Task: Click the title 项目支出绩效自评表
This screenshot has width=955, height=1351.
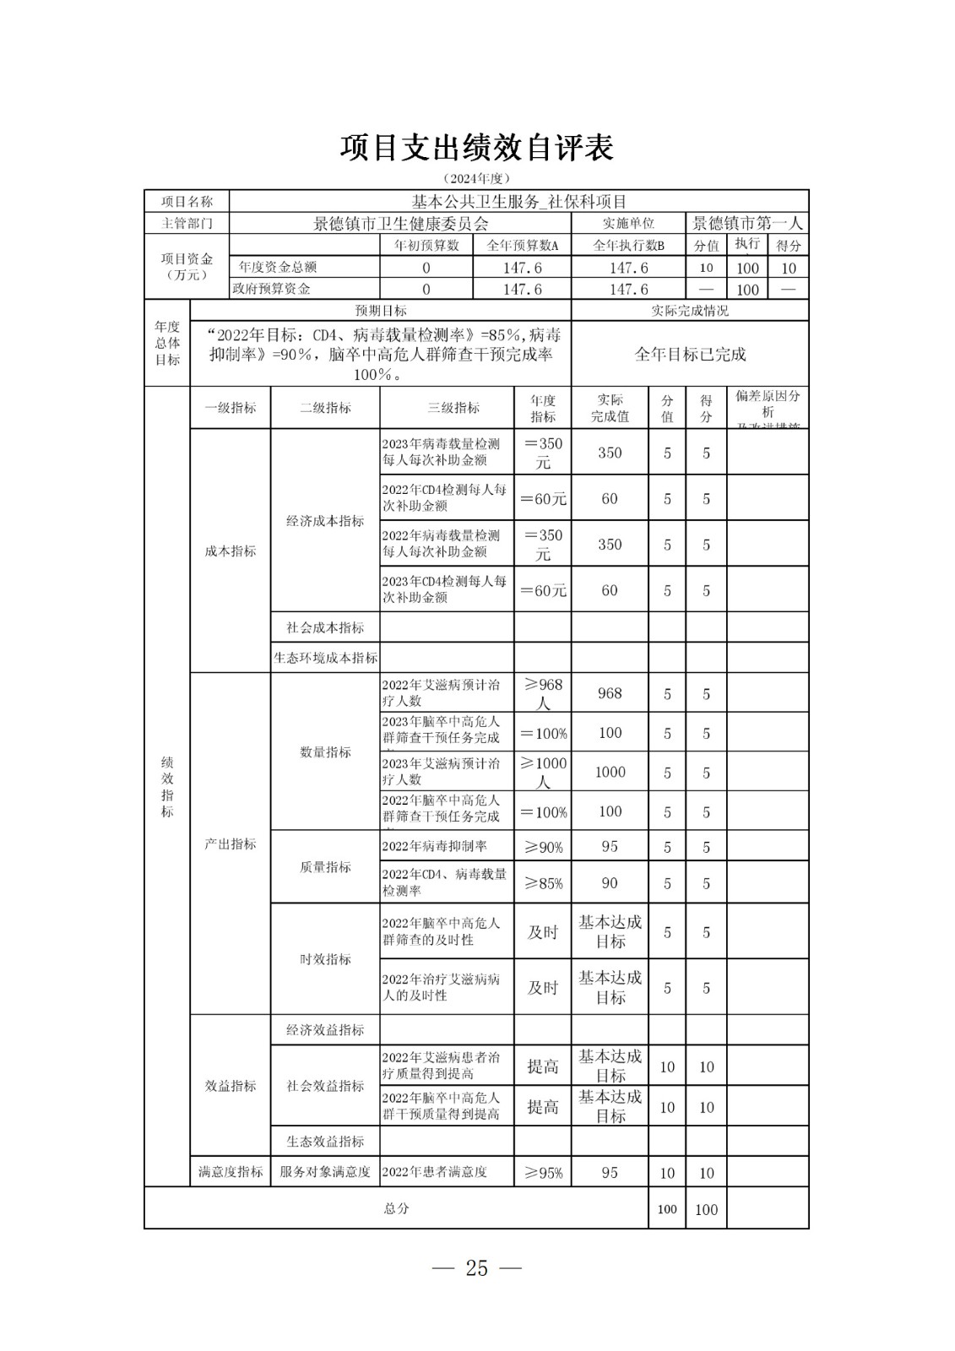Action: click(x=476, y=147)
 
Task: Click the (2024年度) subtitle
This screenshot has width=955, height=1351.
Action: click(x=476, y=178)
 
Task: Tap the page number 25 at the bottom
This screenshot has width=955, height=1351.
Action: click(x=476, y=1267)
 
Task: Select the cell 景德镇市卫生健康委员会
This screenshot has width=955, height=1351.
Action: click(x=400, y=224)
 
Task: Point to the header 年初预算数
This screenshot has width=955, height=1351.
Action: click(x=426, y=246)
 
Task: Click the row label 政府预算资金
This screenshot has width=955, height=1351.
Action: click(x=271, y=289)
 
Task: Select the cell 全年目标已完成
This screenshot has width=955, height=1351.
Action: click(x=690, y=355)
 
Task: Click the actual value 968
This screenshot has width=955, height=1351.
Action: click(x=610, y=693)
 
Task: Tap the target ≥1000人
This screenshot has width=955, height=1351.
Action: click(x=543, y=772)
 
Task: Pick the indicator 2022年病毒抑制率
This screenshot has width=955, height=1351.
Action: click(x=434, y=846)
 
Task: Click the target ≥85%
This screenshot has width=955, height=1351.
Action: click(x=543, y=883)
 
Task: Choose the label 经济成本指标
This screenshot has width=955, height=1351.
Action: click(x=325, y=521)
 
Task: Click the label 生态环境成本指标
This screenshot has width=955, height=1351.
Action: click(x=325, y=658)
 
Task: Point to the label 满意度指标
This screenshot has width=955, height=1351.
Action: click(x=231, y=1172)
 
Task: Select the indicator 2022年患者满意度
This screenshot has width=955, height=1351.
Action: click(x=434, y=1172)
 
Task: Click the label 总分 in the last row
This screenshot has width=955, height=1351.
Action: click(x=396, y=1208)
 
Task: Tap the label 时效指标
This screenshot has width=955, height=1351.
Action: click(x=325, y=959)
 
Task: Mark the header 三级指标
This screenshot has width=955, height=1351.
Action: click(x=453, y=408)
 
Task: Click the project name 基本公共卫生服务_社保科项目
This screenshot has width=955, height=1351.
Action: click(x=518, y=201)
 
